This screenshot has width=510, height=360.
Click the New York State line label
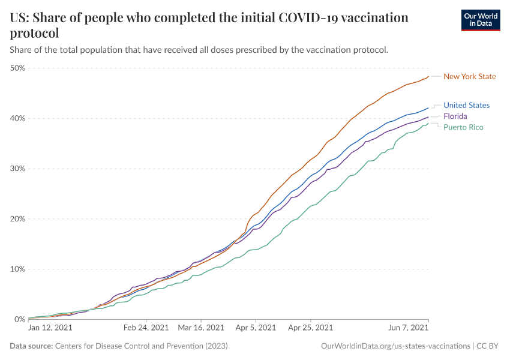470,77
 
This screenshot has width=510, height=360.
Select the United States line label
466,106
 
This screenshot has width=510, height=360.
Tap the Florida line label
455,116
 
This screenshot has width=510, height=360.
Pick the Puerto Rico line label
463,127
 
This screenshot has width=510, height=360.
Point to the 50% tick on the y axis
17,68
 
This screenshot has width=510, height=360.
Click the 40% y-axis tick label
17,118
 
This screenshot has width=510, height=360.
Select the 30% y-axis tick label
17,169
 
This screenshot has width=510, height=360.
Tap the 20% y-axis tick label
17,219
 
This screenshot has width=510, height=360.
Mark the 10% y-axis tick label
17,269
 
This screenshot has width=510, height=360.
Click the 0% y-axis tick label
19,319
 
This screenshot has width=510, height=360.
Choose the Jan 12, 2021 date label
50,328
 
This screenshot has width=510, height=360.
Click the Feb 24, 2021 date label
146,328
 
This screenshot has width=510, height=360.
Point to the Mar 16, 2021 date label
201,328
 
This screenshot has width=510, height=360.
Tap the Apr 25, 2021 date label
310,328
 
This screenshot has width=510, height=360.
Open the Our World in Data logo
480,20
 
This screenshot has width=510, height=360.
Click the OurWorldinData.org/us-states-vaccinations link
395,346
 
